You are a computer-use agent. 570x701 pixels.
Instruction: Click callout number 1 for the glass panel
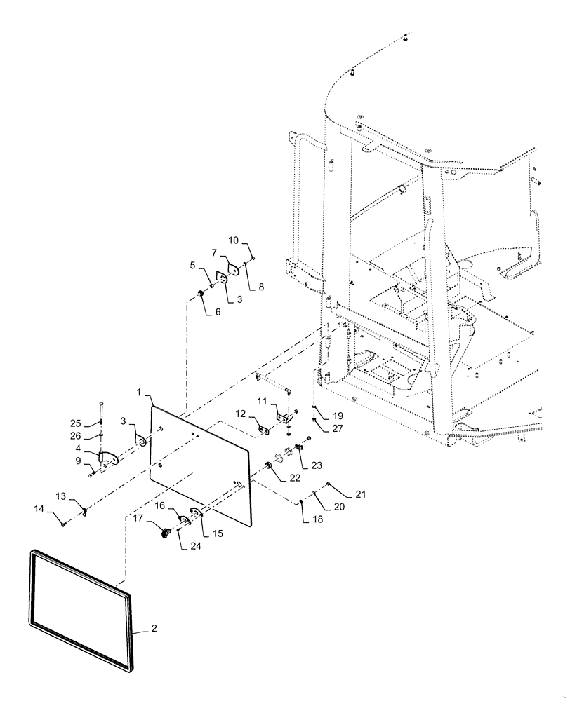click(140, 390)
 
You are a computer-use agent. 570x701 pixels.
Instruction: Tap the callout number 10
click(234, 242)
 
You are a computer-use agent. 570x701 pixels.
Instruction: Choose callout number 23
click(317, 464)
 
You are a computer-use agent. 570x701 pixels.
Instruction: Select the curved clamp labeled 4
click(109, 459)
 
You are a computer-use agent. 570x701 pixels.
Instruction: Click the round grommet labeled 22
click(270, 467)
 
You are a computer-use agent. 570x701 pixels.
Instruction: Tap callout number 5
click(193, 265)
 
